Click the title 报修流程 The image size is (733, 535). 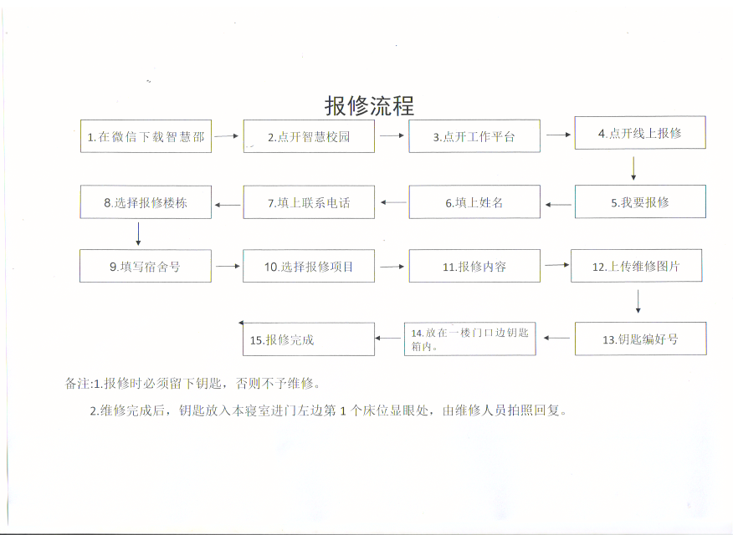[x=369, y=105]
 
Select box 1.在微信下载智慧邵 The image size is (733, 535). [x=146, y=136]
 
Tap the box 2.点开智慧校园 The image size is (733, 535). [x=309, y=136]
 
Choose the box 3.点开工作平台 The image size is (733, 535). [x=474, y=136]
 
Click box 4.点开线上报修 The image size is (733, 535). [x=640, y=133]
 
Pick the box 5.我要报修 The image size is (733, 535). [x=640, y=201]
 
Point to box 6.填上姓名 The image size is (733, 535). [x=474, y=202]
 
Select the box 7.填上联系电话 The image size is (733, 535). [x=309, y=202]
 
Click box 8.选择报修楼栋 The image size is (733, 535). [x=146, y=202]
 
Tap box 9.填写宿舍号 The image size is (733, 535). [x=146, y=266]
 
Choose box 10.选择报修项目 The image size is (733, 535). [x=309, y=266]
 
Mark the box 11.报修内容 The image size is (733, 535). [x=474, y=266]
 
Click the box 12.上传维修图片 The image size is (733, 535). [x=636, y=266]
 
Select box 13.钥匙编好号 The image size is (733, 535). [x=640, y=339]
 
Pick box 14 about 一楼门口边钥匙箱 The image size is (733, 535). [x=469, y=339]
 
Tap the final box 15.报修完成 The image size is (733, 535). [x=309, y=339]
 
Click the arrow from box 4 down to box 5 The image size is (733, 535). [x=633, y=169]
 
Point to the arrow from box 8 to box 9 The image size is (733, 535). [x=138, y=234]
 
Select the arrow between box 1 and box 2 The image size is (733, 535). [x=226, y=136]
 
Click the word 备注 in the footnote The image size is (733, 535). [x=77, y=383]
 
